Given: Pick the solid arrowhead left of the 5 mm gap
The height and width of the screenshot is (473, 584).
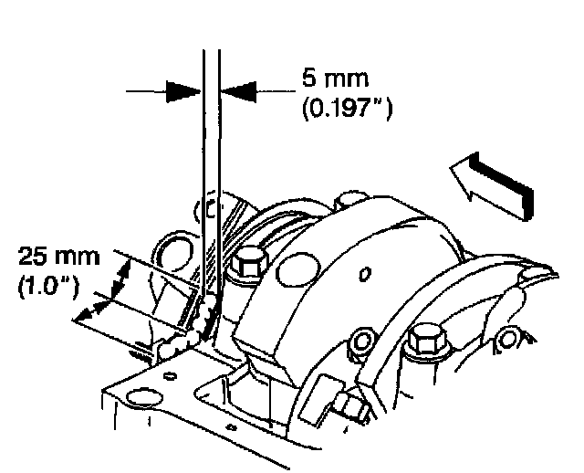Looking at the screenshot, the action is click(183, 90).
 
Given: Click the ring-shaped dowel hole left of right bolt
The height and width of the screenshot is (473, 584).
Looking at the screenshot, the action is click(363, 342).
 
